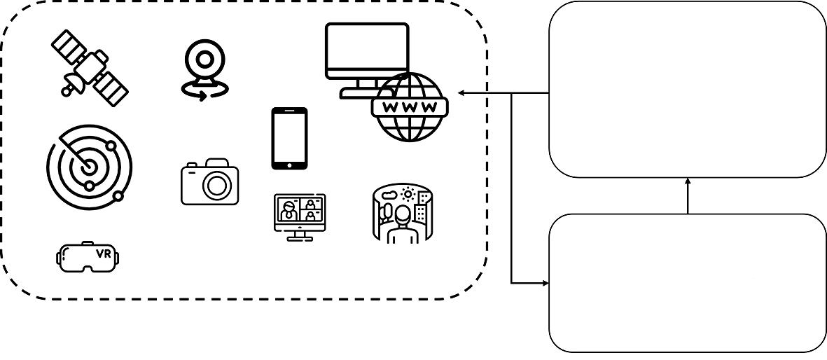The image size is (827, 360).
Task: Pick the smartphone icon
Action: (x=289, y=138)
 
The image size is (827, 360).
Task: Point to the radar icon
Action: (x=89, y=165)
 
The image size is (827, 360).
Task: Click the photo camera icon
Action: (x=209, y=182)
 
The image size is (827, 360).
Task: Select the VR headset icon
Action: (x=88, y=256)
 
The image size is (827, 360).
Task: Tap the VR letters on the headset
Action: (x=102, y=253)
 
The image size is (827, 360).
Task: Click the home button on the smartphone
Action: (x=289, y=165)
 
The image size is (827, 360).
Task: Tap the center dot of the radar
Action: (x=88, y=167)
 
